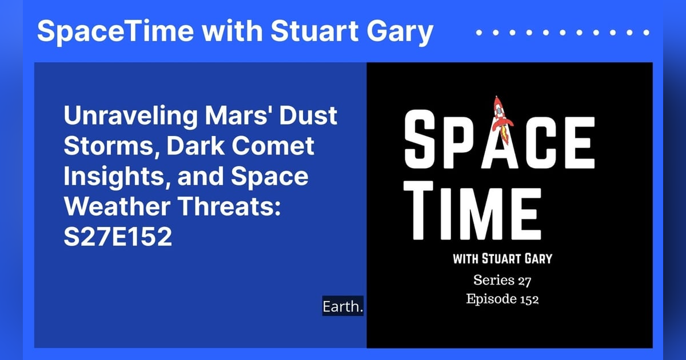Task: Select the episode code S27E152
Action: click(x=118, y=236)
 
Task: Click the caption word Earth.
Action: click(x=343, y=307)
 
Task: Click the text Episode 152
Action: click(x=502, y=299)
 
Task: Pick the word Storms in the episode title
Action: click(x=113, y=147)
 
